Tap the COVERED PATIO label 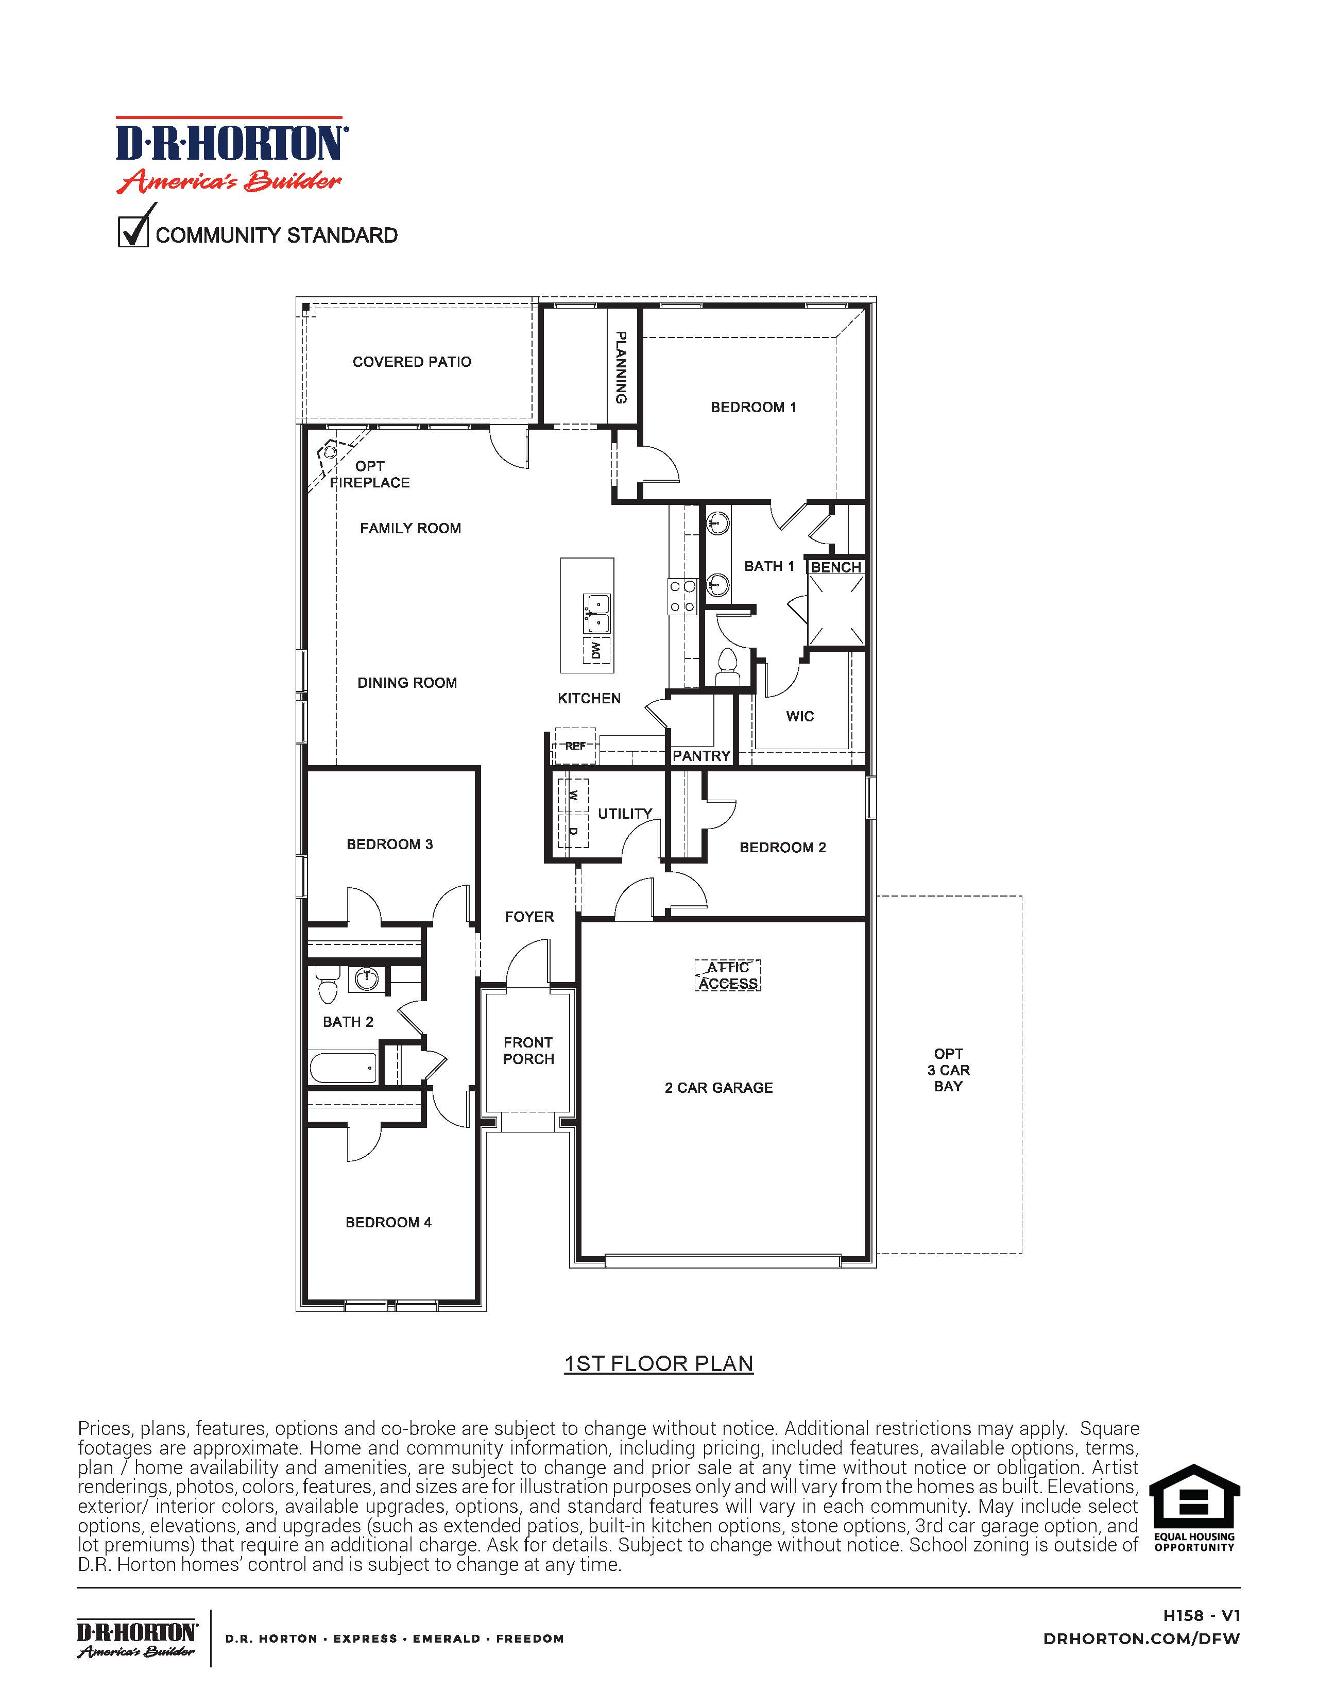coord(412,362)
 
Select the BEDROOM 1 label coord(752,407)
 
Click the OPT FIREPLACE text coord(370,474)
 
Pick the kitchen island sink coord(597,613)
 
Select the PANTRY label coord(701,755)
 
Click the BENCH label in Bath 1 coord(835,567)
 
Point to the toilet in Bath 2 coord(327,986)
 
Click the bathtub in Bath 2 coord(344,1068)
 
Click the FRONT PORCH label coord(528,1051)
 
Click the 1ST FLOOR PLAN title coord(658,1363)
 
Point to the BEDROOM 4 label coord(388,1222)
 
